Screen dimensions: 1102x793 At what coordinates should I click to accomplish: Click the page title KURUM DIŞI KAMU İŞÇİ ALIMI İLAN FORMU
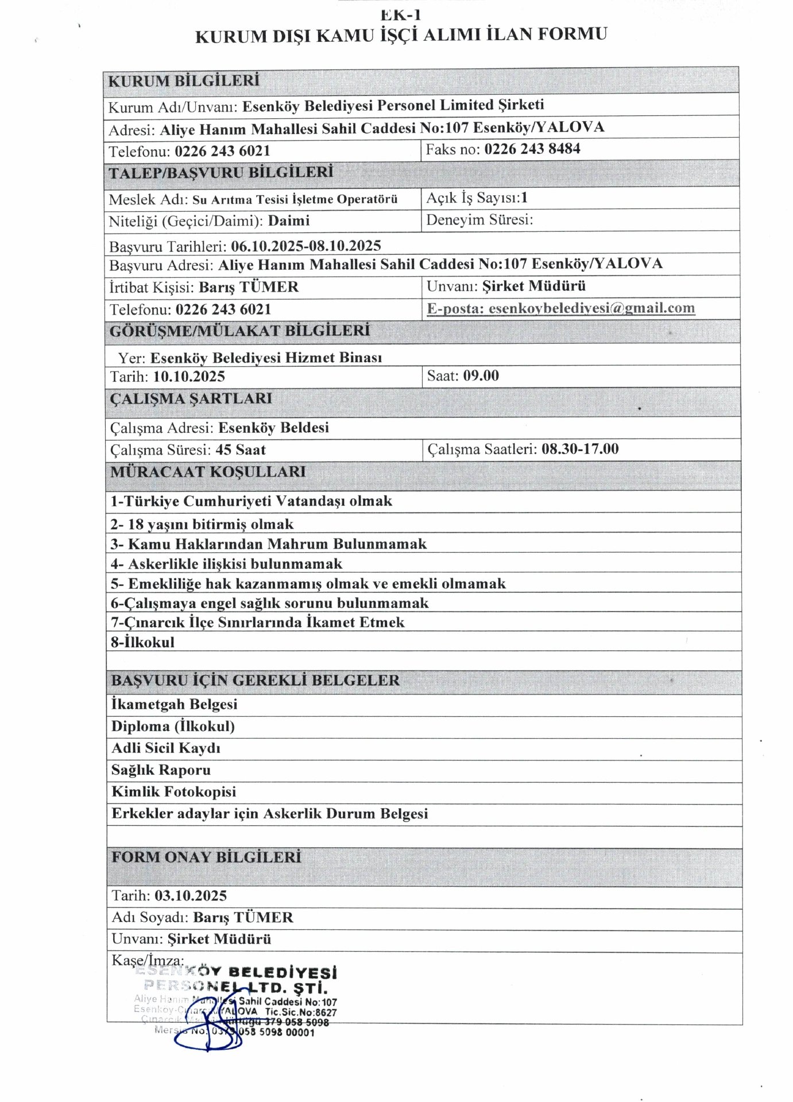[401, 36]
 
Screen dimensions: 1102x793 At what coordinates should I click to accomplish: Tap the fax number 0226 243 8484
[532, 149]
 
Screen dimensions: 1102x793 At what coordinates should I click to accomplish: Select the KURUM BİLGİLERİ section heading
[184, 81]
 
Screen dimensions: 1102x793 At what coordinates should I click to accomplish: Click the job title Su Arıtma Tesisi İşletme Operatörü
[295, 200]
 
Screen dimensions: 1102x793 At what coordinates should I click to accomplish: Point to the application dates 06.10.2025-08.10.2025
[305, 246]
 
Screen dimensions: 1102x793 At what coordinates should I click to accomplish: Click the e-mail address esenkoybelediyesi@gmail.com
[591, 308]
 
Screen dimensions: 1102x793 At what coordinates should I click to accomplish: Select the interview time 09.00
[481, 376]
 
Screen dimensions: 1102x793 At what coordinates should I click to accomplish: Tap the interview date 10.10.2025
[189, 377]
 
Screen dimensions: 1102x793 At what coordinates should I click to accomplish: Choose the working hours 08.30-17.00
[580, 449]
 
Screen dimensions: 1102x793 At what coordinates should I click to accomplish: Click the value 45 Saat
[240, 450]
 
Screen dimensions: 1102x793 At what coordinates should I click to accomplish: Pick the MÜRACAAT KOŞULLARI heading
[208, 472]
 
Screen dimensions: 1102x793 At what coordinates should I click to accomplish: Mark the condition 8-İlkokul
[142, 642]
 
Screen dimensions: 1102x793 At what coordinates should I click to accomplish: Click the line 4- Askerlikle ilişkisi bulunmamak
[226, 564]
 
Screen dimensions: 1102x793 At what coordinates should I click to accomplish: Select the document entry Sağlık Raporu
[161, 770]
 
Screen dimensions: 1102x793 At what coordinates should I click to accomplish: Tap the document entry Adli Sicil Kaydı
[165, 748]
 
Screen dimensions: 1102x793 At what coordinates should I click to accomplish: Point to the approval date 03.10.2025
[190, 896]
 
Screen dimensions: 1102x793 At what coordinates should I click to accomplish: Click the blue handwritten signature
[212, 1027]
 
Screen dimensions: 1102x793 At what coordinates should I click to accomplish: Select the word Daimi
[289, 221]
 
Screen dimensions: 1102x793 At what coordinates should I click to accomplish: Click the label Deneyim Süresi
[479, 220]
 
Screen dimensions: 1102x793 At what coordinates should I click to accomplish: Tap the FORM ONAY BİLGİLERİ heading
[206, 857]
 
